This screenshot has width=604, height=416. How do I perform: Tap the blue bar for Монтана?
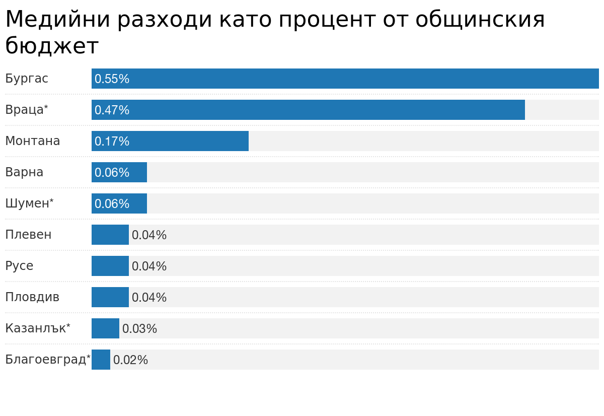[x=191, y=141]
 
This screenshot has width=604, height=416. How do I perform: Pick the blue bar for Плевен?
[x=110, y=235]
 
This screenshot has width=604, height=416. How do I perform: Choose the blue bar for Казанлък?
[x=105, y=328]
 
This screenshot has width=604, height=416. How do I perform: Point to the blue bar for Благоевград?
[x=101, y=360]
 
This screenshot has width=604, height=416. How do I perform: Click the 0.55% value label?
[x=112, y=79]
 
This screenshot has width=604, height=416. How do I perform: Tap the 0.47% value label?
[x=112, y=110]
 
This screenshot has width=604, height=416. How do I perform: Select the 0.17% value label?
[x=112, y=142]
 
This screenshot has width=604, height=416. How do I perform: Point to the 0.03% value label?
[x=139, y=329]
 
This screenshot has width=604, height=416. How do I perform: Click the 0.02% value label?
[x=130, y=360]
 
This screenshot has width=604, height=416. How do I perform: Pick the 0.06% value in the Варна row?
[x=112, y=173]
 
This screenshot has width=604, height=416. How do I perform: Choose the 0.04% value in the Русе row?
[x=149, y=266]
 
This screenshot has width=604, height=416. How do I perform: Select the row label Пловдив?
[x=32, y=297]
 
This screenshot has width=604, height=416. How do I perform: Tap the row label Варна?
[x=24, y=172]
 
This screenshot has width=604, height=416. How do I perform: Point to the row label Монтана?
[x=33, y=141]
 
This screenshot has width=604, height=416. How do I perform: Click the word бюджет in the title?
[x=52, y=46]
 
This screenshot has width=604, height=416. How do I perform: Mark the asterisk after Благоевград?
[x=89, y=357]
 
